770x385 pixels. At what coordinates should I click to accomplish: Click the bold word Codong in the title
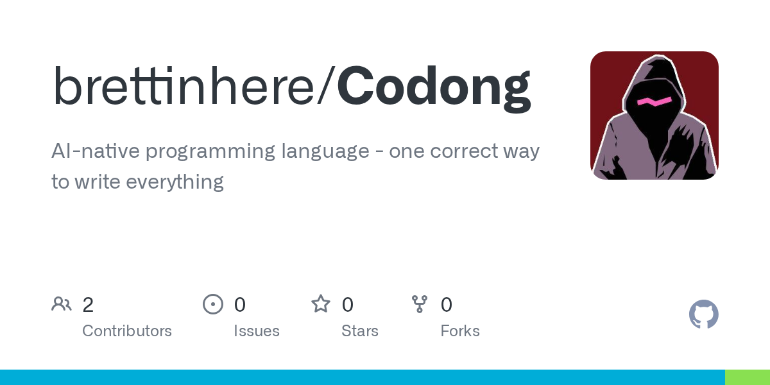click(434, 86)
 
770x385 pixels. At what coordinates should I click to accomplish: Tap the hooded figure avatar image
click(654, 116)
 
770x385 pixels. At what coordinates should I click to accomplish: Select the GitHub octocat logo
click(703, 314)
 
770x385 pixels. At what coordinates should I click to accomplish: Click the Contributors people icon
click(62, 304)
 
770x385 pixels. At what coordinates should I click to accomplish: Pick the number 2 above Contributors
click(88, 305)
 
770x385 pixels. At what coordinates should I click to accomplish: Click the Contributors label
click(127, 331)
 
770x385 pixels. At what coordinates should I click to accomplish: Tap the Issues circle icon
click(212, 304)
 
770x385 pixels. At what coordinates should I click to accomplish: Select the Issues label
click(257, 331)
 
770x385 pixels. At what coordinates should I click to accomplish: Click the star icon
click(320, 304)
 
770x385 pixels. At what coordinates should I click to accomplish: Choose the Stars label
click(359, 331)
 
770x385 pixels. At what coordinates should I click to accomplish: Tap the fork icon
click(420, 304)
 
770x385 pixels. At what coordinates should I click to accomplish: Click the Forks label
click(460, 331)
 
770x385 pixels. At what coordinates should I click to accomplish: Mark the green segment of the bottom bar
click(747, 377)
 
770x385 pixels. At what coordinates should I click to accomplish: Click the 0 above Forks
click(447, 305)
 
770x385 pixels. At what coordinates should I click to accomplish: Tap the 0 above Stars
click(347, 305)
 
